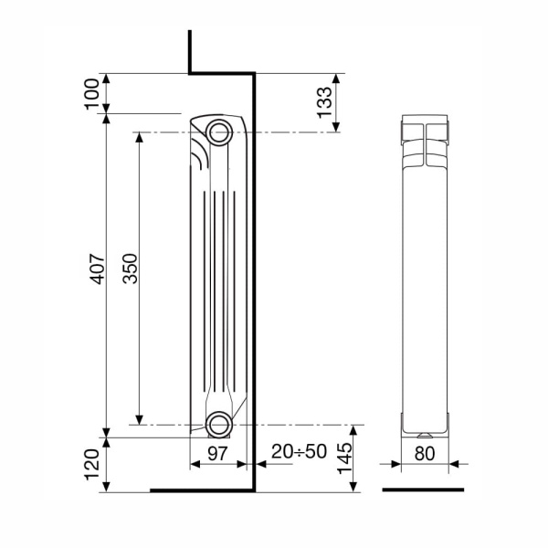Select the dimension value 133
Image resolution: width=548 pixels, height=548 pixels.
click(323, 102)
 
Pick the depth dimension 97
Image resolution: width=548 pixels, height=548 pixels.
click(218, 452)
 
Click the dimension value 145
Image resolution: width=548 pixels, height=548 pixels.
click(343, 458)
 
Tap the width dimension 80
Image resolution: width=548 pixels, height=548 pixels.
click(422, 452)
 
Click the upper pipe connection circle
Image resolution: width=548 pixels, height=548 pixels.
click(219, 132)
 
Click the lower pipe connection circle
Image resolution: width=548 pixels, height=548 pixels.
click(219, 424)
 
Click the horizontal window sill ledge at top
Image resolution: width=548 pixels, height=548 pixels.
click(219, 73)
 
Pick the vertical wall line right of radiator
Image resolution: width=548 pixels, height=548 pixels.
click(253, 274)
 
